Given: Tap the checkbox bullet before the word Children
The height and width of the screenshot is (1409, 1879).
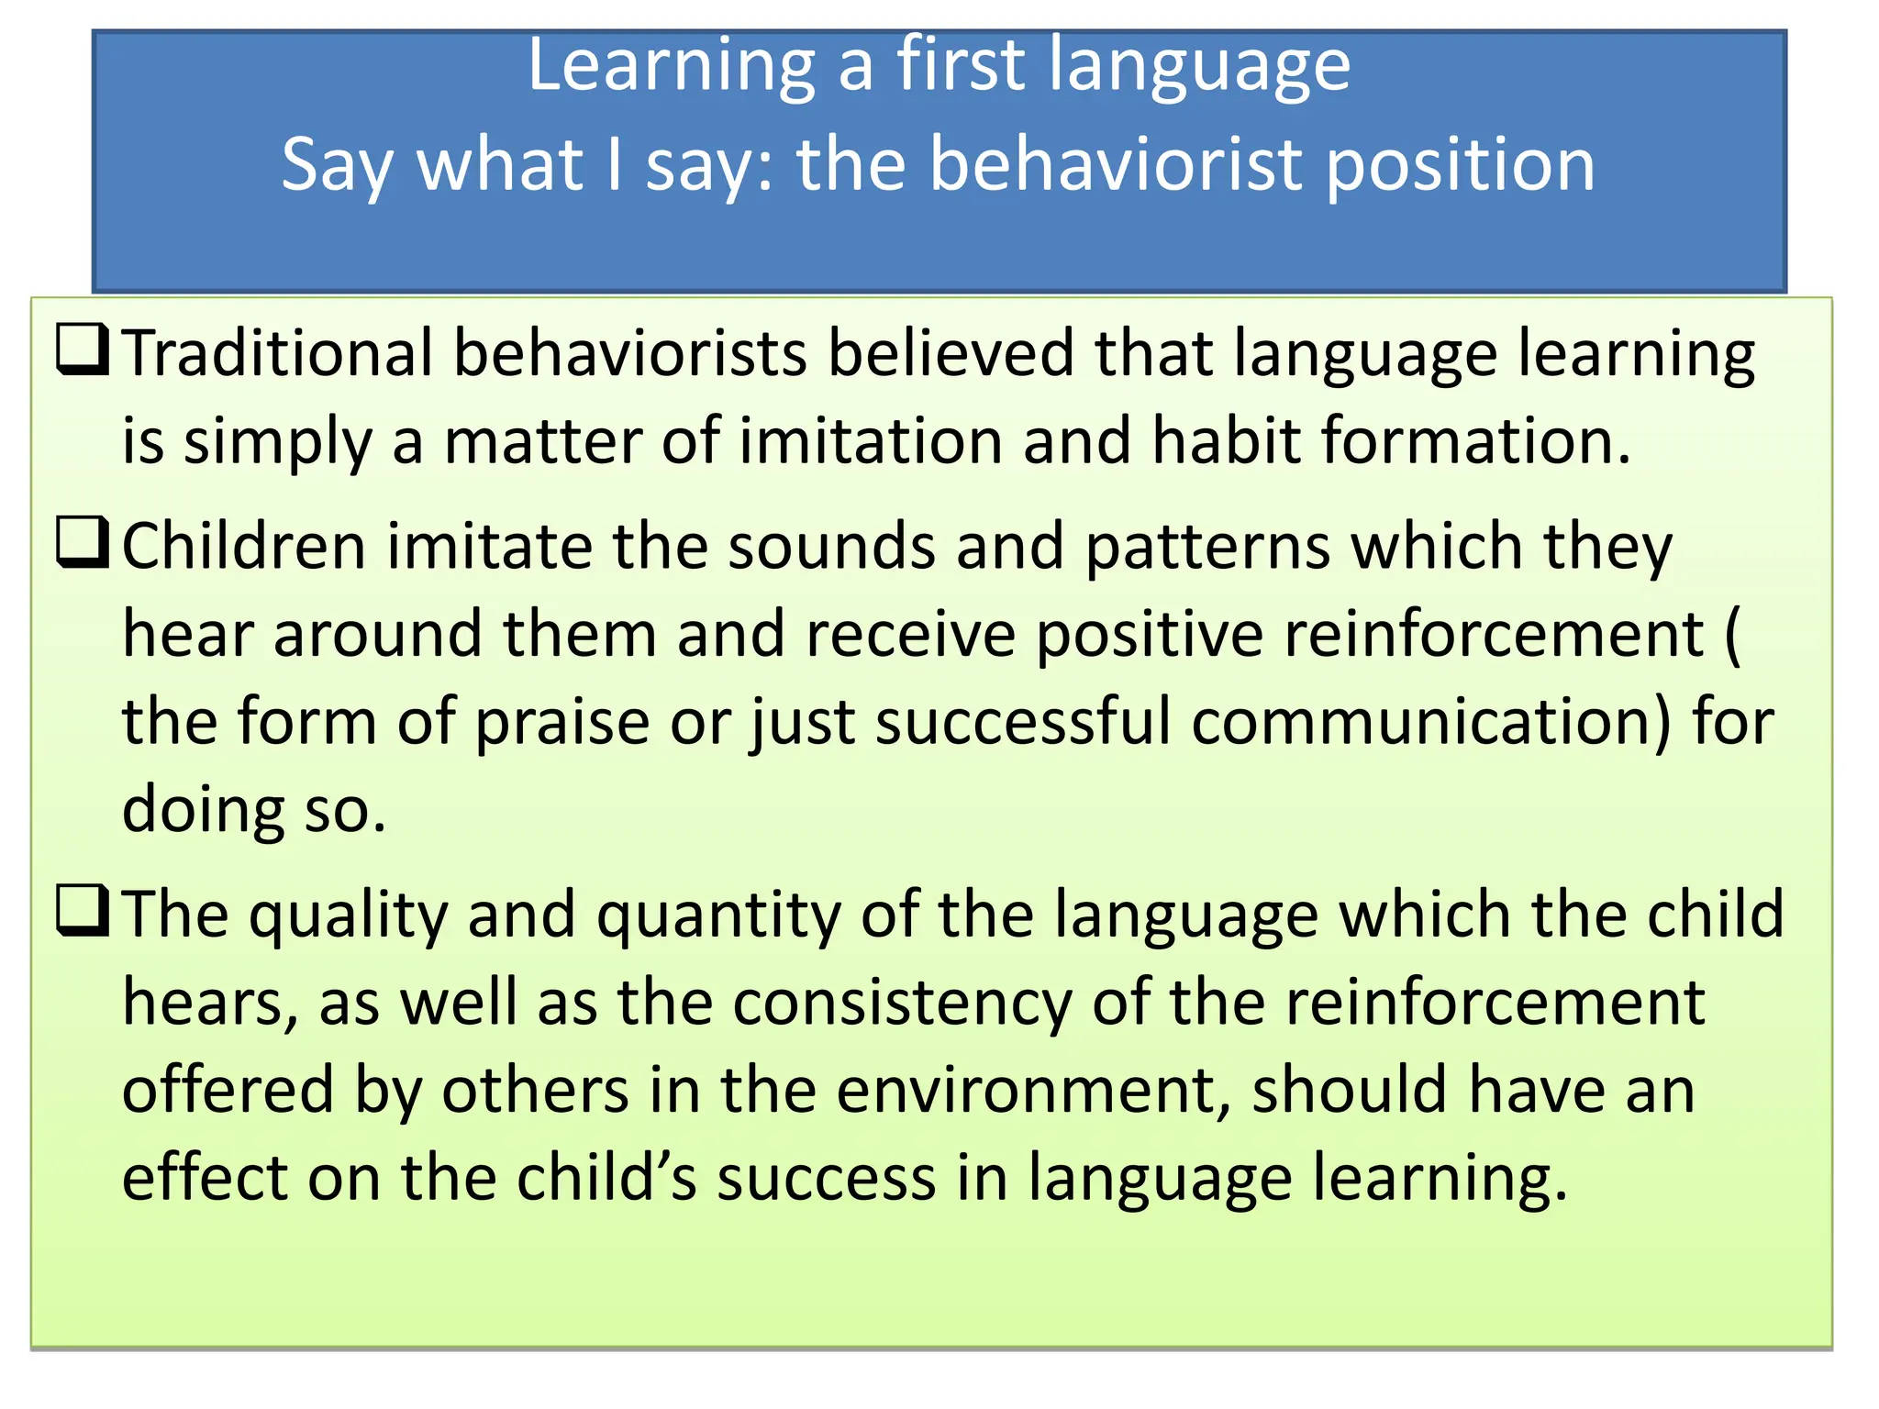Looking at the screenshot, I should (83, 542).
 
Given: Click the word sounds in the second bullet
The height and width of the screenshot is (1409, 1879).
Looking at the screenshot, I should (831, 547).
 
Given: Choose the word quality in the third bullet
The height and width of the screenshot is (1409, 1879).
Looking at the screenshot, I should (350, 915).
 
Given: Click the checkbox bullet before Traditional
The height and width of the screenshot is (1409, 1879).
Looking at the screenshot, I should (83, 349).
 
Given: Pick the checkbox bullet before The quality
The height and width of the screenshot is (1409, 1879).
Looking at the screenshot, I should (83, 910).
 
